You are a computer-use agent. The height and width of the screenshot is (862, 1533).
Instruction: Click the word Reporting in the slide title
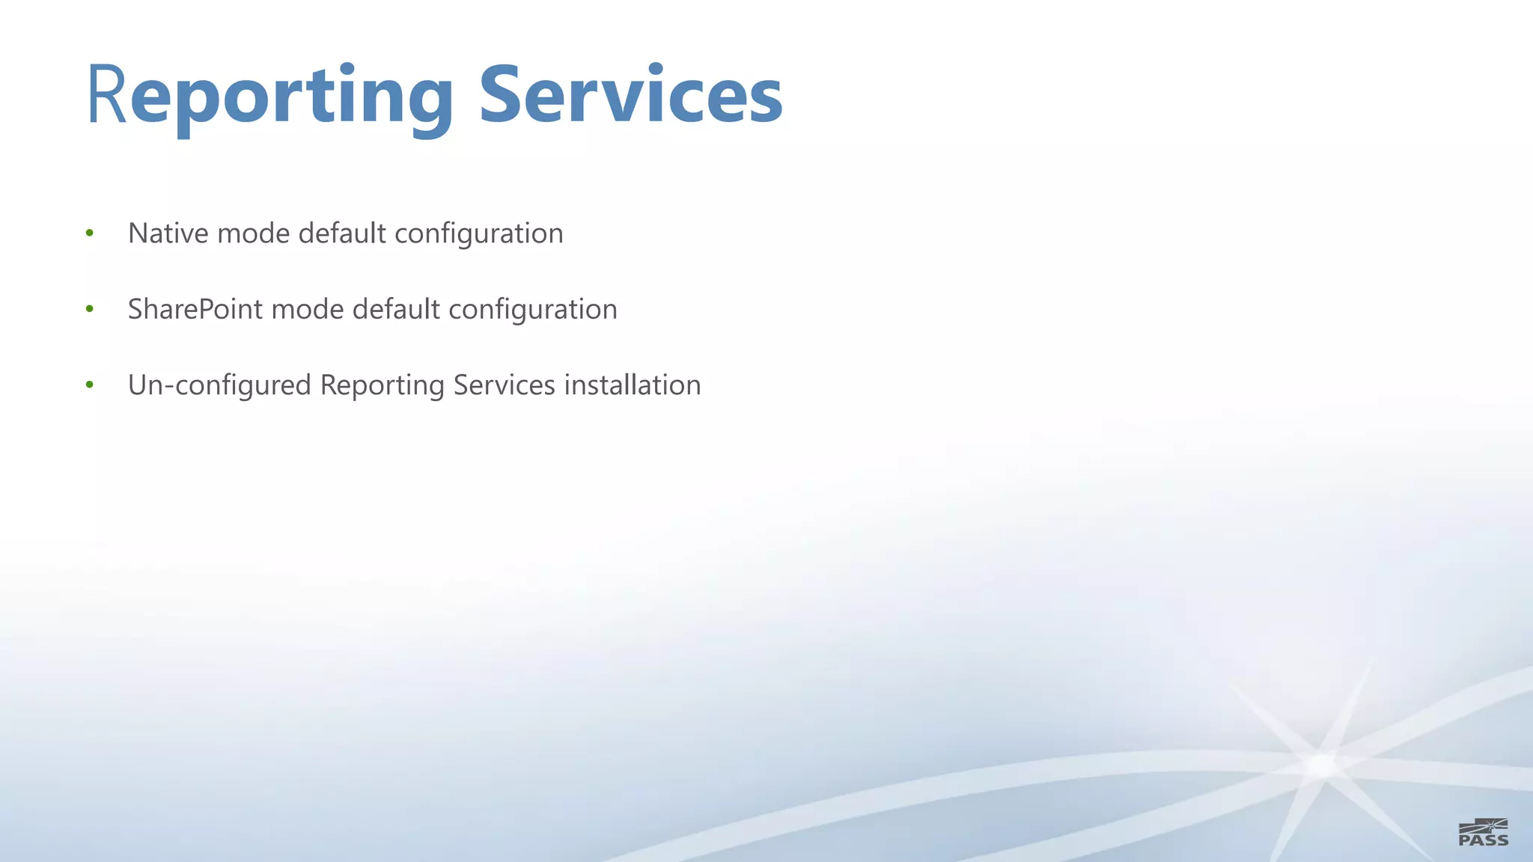tap(270, 96)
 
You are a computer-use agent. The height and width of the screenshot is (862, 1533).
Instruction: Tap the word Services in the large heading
tap(630, 96)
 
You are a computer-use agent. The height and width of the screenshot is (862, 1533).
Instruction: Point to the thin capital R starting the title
tap(106, 96)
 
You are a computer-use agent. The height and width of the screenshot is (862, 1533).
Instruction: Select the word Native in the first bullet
tap(168, 233)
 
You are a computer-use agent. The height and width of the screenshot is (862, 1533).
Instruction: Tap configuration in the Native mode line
tap(478, 234)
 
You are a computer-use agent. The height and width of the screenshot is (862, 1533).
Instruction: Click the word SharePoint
tap(195, 309)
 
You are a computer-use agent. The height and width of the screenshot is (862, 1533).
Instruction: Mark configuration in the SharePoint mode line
tap(532, 310)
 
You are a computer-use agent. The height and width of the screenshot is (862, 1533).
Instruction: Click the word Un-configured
tap(219, 385)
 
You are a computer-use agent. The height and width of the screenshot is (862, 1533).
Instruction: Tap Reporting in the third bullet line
tap(382, 386)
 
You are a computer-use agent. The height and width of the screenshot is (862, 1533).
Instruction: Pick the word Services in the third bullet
tap(504, 385)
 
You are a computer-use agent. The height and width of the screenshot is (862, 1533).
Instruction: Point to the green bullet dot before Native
tap(90, 233)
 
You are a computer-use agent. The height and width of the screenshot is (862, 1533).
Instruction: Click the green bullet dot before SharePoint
tap(90, 309)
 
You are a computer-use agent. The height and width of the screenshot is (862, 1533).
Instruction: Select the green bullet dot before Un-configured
tap(90, 385)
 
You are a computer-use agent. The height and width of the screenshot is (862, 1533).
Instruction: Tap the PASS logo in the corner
tap(1483, 832)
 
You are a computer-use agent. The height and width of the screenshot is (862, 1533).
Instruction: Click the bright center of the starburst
tap(1322, 765)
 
